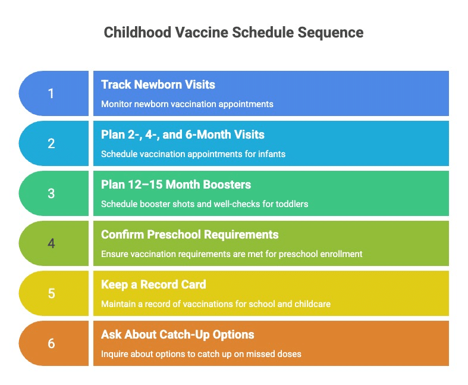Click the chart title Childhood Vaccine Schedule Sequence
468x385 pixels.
pos(234,32)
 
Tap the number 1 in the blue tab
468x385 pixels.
pos(51,93)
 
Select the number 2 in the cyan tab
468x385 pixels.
pos(51,143)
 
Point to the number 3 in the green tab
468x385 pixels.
pos(51,193)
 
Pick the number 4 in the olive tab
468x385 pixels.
pos(51,243)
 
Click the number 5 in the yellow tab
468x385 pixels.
pos(51,293)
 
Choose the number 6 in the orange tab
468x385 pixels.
pos(51,343)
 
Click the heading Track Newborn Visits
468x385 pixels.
pos(158,84)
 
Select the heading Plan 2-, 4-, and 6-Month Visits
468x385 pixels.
pos(183,134)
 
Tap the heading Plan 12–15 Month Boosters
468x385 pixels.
pos(176,184)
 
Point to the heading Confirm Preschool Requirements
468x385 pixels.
pos(190,234)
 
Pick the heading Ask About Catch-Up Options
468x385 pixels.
pos(178,334)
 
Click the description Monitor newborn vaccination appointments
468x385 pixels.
pos(187,104)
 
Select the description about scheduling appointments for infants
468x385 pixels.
pos(193,154)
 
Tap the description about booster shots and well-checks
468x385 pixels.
pos(205,204)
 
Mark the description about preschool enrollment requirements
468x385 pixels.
pos(232,254)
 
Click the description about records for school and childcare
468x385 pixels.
pos(216,304)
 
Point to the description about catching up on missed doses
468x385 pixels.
pos(201,354)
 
